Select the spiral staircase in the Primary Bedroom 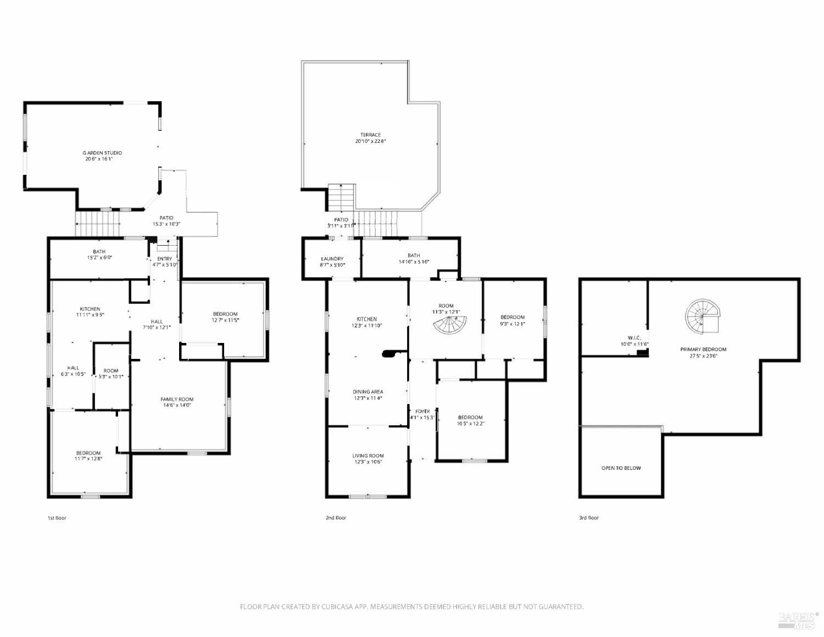click(701, 317)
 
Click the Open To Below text click(621, 468)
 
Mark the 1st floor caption click(57, 518)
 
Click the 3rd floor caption click(589, 518)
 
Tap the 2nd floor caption click(336, 518)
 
